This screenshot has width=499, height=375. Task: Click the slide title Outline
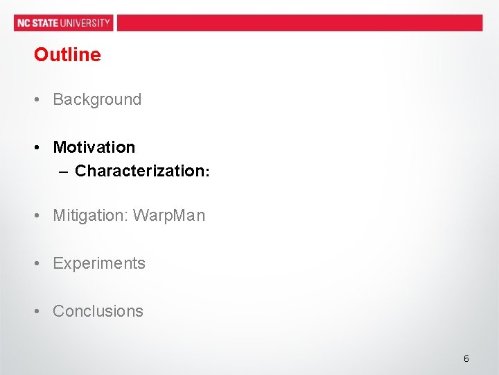[67, 55]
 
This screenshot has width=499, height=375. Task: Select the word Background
[97, 99]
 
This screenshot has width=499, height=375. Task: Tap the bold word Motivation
[94, 147]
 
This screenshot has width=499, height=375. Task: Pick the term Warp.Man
[169, 216]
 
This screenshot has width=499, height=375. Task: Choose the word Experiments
[99, 263]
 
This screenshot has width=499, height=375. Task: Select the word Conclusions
[98, 311]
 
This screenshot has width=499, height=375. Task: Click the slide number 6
[466, 358]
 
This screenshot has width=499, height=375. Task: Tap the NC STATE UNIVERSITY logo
[64, 23]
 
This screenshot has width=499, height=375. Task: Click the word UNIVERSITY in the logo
[85, 23]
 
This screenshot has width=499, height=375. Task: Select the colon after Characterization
[207, 172]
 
